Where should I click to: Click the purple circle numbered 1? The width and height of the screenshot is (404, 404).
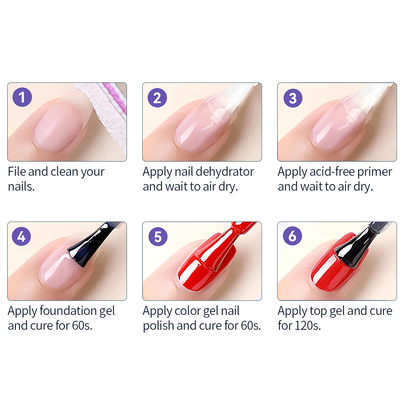click(x=22, y=97)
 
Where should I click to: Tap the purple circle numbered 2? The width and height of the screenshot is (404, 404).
click(x=157, y=98)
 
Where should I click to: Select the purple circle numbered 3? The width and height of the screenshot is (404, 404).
click(x=293, y=98)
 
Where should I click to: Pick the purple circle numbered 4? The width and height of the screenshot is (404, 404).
click(x=21, y=236)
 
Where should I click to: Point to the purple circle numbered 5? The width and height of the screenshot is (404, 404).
click(x=158, y=237)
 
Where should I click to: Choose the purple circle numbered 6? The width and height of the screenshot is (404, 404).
click(x=292, y=236)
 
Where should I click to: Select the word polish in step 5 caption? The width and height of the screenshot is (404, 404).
click(x=158, y=326)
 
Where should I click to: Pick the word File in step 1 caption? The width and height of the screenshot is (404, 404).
click(x=17, y=172)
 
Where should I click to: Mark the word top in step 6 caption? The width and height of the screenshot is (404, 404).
click(x=318, y=311)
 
